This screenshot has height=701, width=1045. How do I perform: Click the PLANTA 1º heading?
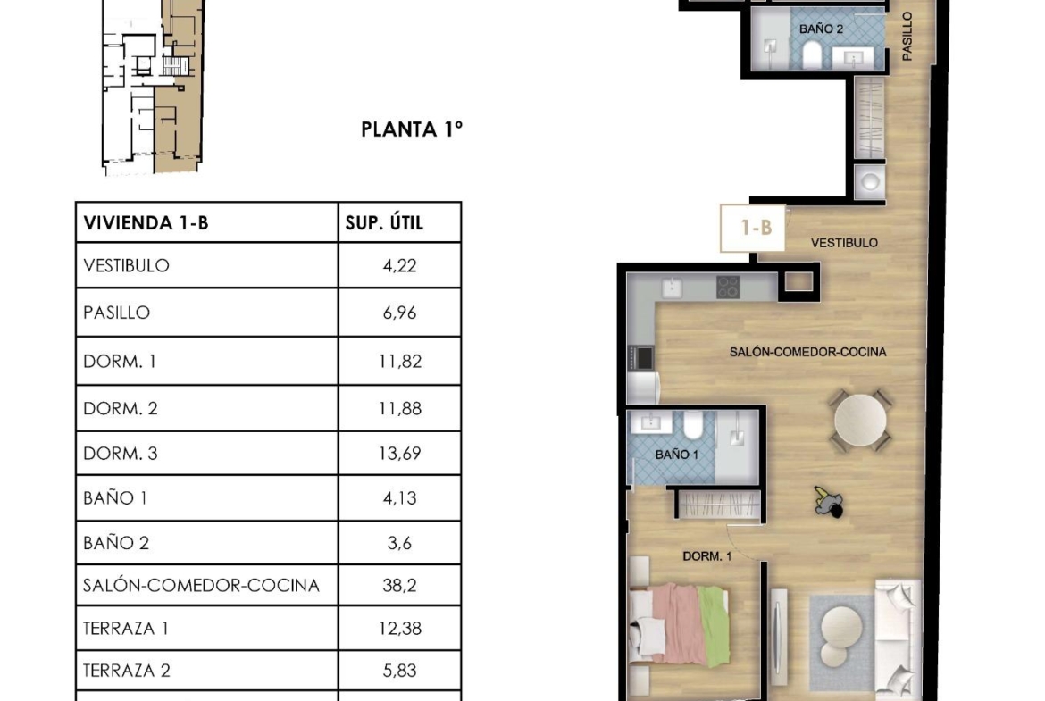411,129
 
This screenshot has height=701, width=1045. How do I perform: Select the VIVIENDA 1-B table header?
146,222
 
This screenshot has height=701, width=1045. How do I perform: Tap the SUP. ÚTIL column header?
385,221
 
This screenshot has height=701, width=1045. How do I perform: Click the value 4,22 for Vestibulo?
399,266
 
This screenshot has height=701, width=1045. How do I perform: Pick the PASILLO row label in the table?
117,313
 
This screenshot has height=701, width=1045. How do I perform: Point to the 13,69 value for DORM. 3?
400,454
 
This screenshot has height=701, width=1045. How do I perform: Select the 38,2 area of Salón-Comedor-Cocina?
399,586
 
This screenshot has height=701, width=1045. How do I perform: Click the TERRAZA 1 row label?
125,629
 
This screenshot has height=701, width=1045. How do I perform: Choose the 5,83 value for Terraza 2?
399,671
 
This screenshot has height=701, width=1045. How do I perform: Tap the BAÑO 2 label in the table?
116,543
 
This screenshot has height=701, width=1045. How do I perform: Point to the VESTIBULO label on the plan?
844,243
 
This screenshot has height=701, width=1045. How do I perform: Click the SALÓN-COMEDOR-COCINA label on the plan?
807,352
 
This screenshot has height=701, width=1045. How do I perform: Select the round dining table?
860,421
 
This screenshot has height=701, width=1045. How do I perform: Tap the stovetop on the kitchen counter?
729,288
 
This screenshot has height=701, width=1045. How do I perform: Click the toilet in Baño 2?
812,54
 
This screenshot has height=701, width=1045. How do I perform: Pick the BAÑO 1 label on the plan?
676,455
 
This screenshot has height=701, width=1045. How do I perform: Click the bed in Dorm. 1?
679,625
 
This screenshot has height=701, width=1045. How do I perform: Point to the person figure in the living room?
828,502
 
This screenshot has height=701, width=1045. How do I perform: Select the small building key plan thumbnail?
153,88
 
